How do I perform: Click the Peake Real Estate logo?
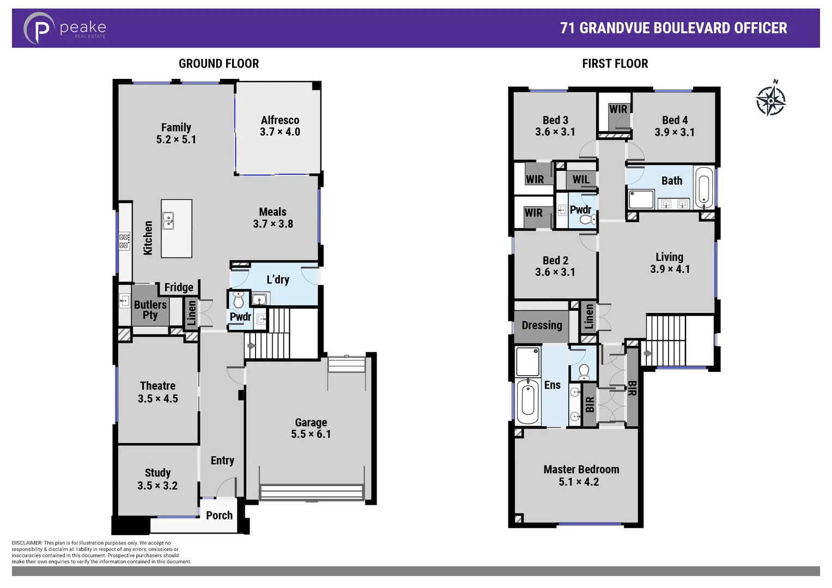point(64,28)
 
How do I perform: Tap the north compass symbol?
point(770,100)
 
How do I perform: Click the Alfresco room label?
point(280,120)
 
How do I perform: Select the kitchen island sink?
point(168,220)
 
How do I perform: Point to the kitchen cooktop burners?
point(124,241)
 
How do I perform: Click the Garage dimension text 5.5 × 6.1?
point(311,434)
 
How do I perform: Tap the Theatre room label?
point(157,386)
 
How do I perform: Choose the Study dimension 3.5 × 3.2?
point(157,486)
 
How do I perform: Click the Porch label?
point(219,515)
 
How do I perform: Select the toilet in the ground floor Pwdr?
point(238,300)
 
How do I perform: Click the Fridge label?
point(179,287)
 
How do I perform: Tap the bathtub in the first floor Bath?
point(703,188)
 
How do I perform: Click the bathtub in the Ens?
point(527,401)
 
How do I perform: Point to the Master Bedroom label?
point(581,469)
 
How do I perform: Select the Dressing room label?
point(542,325)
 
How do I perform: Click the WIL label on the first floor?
point(581,179)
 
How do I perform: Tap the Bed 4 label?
point(675,120)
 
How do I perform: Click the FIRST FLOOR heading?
point(615,64)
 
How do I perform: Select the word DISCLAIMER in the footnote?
point(27,543)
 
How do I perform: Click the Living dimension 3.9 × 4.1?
point(670,269)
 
